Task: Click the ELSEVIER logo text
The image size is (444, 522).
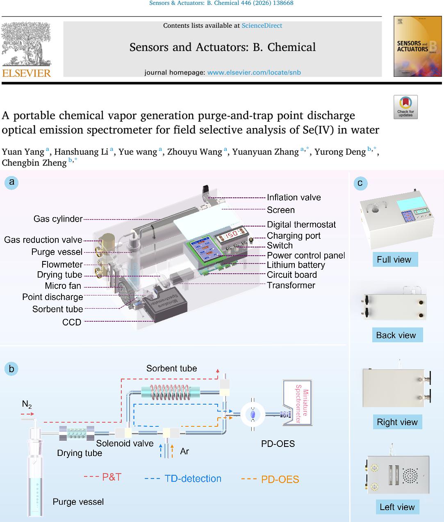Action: tap(27, 73)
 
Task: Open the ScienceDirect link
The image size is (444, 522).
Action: tap(262, 25)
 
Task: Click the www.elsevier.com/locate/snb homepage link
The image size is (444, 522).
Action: tap(254, 73)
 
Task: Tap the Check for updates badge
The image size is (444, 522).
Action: tap(405, 107)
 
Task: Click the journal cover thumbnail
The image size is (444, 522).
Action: tap(417, 46)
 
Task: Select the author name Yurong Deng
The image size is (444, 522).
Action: tap(340, 152)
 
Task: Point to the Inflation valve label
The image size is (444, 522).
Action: tap(294, 197)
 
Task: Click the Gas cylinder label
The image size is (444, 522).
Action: tap(58, 219)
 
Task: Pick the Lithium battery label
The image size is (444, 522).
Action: tap(296, 265)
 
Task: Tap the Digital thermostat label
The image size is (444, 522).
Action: tap(301, 224)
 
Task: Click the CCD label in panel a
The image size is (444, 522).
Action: tap(72, 322)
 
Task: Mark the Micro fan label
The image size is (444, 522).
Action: tap(63, 286)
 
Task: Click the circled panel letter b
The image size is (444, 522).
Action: tap(11, 369)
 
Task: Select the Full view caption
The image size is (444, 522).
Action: tap(394, 259)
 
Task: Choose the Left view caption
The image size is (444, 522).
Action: tap(397, 507)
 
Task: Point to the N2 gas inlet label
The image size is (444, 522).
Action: tap(27, 405)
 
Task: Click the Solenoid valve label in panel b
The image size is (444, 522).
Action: tap(125, 443)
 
